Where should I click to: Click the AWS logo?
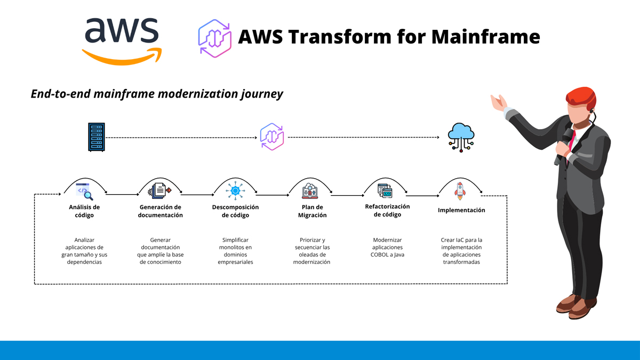122,40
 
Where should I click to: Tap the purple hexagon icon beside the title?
214,38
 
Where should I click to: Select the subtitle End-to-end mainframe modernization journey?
157,94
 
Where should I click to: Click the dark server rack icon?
97,137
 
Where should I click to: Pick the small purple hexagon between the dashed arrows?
272,137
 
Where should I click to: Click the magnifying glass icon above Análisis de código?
85,191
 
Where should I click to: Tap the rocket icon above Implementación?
460,191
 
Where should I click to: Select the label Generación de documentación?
160,211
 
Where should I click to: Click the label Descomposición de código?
235,211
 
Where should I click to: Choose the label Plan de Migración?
312,211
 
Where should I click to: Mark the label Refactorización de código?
387,210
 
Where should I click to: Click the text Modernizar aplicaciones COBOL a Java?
387,247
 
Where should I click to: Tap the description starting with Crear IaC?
461,251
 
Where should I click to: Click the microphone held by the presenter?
565,136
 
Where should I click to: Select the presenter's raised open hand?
499,102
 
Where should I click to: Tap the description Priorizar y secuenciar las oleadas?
312,251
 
